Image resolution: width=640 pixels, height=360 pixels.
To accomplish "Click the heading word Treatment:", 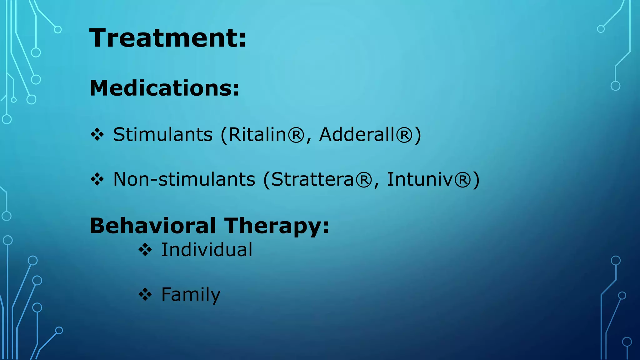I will point(168,38).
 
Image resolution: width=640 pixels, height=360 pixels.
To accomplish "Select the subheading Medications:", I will point(164,88).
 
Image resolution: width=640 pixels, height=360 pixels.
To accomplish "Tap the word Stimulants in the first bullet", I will point(163,135).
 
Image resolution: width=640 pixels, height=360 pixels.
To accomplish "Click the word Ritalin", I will point(257,135).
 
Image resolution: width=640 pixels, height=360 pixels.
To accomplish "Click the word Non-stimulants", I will point(184,179).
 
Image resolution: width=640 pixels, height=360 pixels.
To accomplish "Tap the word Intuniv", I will point(420,179).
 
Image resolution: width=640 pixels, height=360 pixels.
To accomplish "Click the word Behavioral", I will point(153,226).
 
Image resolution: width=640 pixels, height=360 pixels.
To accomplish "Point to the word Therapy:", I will point(277,226).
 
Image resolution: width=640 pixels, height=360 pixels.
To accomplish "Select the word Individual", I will point(207,250).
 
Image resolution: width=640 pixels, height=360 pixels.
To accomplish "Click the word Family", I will point(191,295).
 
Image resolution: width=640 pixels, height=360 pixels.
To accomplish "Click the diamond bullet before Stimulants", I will point(97,135).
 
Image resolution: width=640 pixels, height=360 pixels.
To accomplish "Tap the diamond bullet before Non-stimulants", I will point(97,180).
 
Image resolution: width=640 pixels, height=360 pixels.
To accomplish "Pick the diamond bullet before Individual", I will point(145,250).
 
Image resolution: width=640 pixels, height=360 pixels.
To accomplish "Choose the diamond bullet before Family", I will point(145,295).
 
